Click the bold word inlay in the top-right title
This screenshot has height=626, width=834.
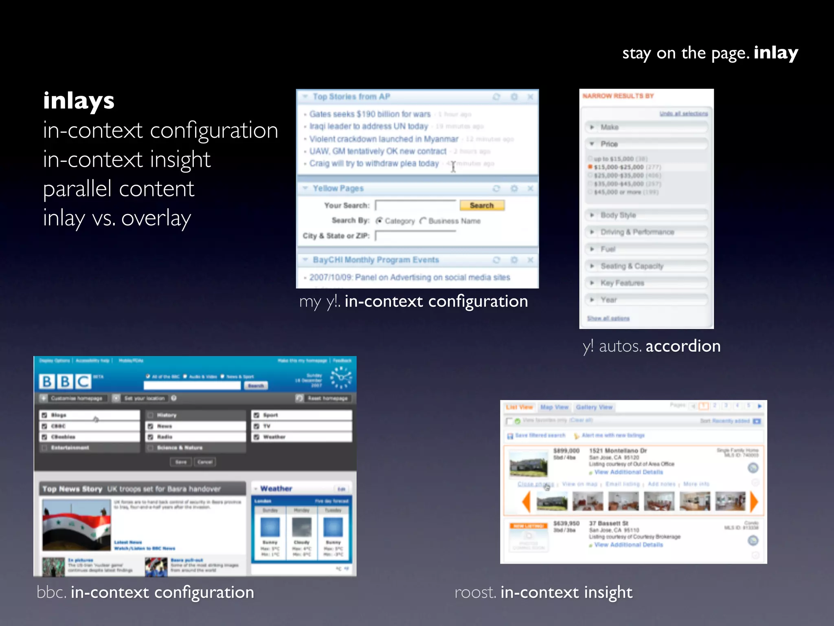[x=775, y=53]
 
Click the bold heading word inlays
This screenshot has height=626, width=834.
[x=79, y=101]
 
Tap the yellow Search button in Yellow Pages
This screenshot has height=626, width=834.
[x=482, y=205]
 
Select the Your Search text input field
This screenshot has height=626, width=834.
[x=415, y=205]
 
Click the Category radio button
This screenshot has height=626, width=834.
[x=379, y=221]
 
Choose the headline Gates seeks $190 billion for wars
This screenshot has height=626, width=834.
[x=369, y=114]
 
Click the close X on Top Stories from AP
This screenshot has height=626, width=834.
[x=530, y=97]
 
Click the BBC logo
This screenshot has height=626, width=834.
[x=65, y=381]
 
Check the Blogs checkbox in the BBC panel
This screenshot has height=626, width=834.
[x=44, y=415]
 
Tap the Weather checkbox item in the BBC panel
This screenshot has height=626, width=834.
[x=257, y=437]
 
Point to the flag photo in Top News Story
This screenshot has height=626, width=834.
[x=77, y=525]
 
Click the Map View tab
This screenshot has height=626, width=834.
[x=554, y=407]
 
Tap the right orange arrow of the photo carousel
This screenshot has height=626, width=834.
[x=754, y=501]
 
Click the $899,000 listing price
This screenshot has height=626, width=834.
[x=566, y=451]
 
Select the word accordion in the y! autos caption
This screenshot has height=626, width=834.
[x=683, y=346]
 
